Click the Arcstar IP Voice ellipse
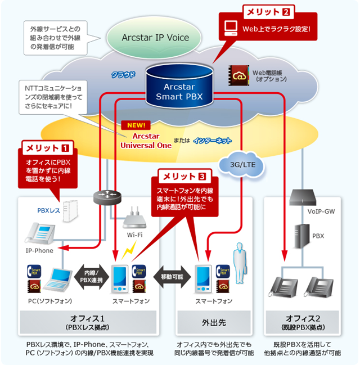pos(155,38)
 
